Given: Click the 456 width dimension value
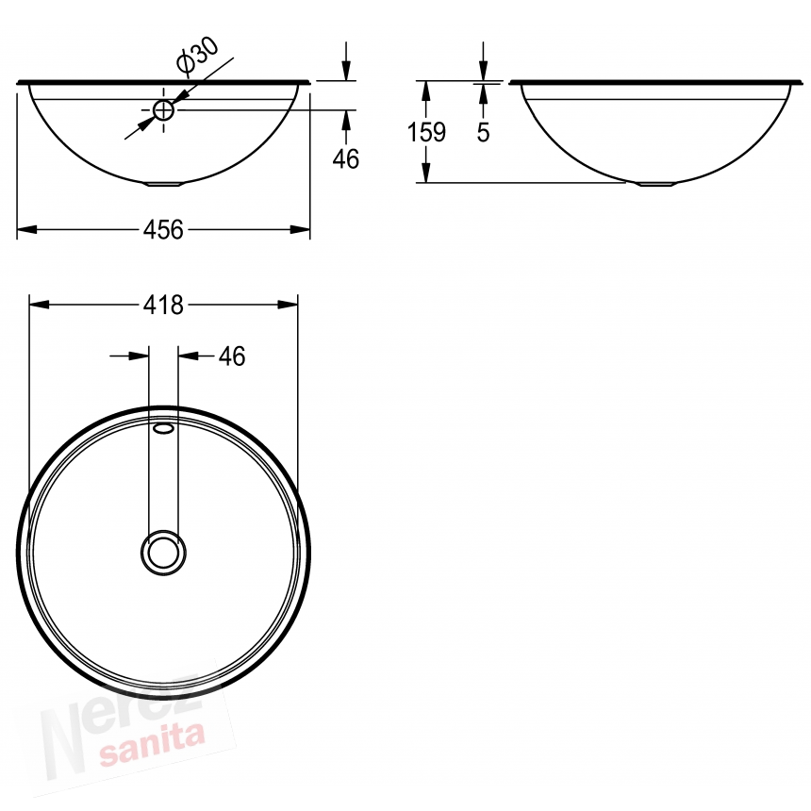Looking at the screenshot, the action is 163,230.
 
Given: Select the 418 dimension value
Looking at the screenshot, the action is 163,306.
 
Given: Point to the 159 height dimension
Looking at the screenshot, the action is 426,132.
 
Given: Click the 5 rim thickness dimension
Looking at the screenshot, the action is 483,132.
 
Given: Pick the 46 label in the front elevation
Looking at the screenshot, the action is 345,158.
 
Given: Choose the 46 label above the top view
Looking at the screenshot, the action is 232,356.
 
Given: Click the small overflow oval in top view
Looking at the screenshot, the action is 163,428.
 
